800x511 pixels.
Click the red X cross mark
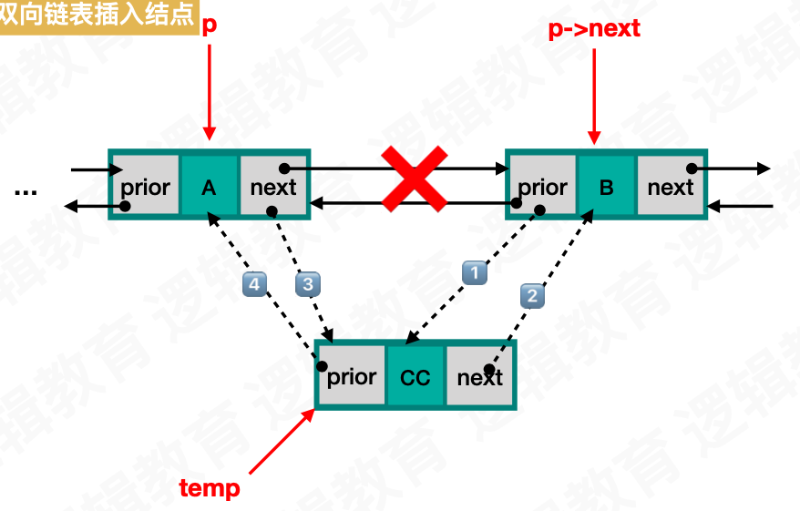(x=414, y=179)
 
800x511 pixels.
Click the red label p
(x=209, y=26)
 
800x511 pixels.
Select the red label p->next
(x=594, y=28)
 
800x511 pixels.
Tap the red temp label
(x=210, y=488)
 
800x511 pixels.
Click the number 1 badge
(x=474, y=271)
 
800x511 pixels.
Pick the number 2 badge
(x=532, y=294)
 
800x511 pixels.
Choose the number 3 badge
(x=308, y=284)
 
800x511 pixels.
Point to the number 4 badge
(x=254, y=284)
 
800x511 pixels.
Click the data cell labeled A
(x=209, y=187)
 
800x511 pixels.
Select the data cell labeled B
(x=606, y=187)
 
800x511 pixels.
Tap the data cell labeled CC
(x=415, y=376)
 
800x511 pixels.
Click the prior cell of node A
(x=145, y=187)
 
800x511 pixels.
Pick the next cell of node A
(x=273, y=187)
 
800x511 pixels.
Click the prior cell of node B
(x=542, y=187)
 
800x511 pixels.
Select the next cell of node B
(x=671, y=187)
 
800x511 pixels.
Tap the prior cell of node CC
(x=351, y=376)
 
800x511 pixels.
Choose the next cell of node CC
(x=479, y=376)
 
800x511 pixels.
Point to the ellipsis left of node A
(x=26, y=191)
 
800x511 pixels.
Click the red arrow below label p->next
(x=594, y=96)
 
